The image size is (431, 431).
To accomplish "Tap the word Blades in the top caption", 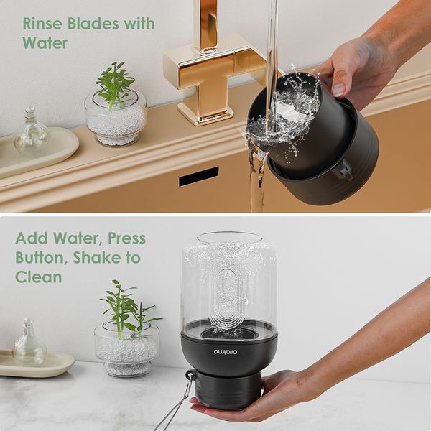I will [92, 23].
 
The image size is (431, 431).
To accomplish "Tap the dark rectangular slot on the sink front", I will [198, 177].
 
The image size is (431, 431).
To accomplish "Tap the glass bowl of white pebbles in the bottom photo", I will [126, 348].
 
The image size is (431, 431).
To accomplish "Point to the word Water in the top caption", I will [45, 43].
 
